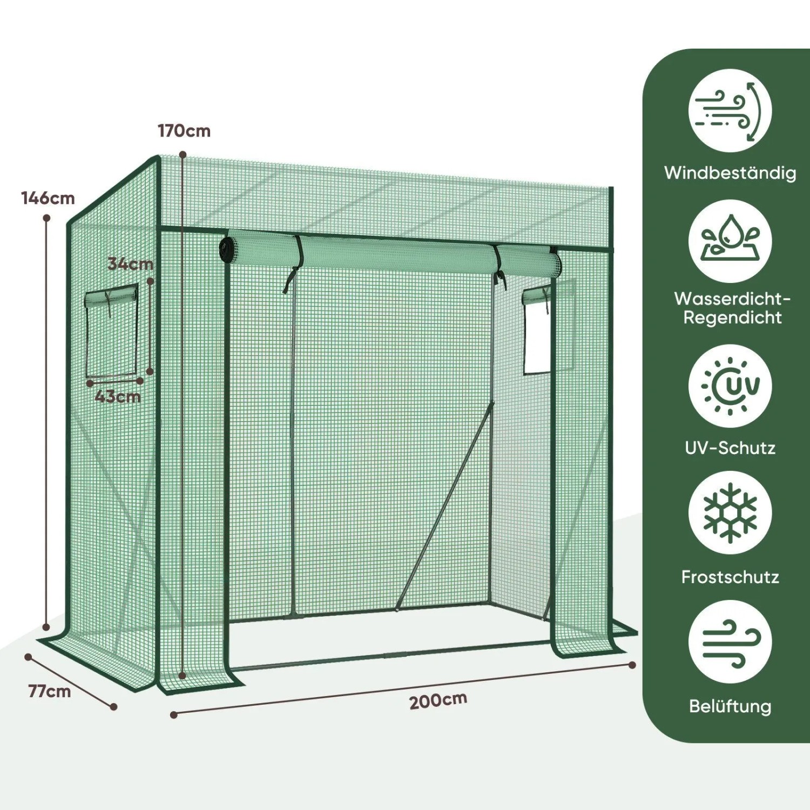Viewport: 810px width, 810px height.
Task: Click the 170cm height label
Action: (x=184, y=131)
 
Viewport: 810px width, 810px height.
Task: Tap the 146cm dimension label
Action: (x=48, y=198)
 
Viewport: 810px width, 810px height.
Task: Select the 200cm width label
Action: (x=438, y=700)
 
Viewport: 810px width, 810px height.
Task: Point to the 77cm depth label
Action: (x=50, y=691)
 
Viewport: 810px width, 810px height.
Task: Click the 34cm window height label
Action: (x=131, y=264)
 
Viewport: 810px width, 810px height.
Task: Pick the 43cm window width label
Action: (x=118, y=397)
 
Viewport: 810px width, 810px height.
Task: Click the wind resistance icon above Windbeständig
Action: (x=730, y=111)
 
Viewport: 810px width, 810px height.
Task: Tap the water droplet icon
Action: (x=730, y=241)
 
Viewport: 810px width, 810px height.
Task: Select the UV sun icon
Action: (x=730, y=386)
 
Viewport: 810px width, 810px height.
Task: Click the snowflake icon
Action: (x=730, y=513)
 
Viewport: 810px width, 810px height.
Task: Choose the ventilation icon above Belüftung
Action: (x=730, y=642)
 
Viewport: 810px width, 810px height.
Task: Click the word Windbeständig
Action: (x=730, y=173)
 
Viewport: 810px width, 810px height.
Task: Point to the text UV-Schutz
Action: (x=730, y=448)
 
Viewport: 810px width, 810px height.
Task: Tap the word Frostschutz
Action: (x=730, y=577)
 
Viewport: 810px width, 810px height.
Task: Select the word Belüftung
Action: (x=730, y=707)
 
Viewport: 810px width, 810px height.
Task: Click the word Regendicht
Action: (x=732, y=318)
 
